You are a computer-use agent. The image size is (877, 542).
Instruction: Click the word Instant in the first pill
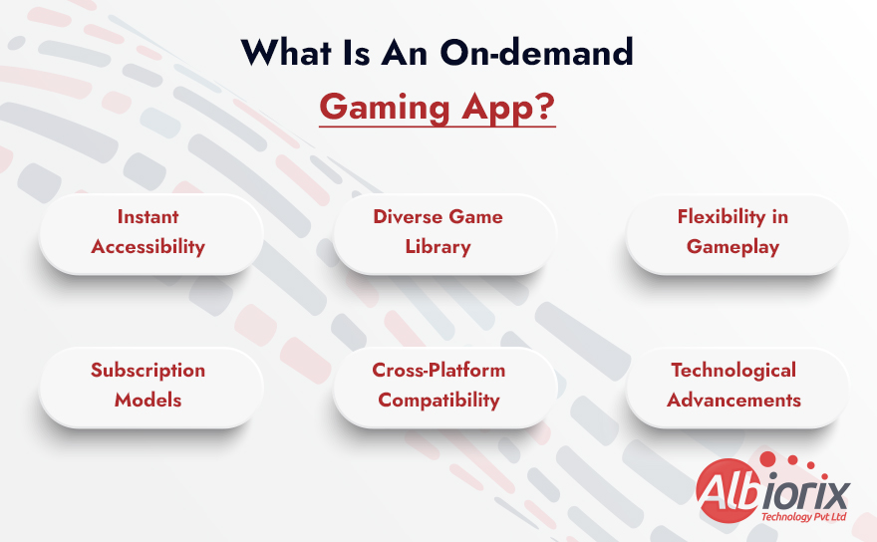click(x=147, y=216)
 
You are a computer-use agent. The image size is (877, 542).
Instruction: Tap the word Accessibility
click(x=147, y=246)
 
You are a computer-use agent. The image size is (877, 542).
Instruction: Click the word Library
click(x=438, y=246)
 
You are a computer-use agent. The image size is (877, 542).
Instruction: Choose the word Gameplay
click(x=735, y=246)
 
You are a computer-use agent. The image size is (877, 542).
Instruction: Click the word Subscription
click(x=147, y=370)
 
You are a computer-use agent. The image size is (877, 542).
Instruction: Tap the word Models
click(x=147, y=400)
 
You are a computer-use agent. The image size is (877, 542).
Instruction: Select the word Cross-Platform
click(x=438, y=370)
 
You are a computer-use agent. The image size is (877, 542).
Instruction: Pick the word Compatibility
click(x=438, y=400)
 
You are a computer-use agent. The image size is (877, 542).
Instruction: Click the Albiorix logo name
click(x=771, y=491)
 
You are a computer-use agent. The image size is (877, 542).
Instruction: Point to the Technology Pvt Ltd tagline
click(x=802, y=517)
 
